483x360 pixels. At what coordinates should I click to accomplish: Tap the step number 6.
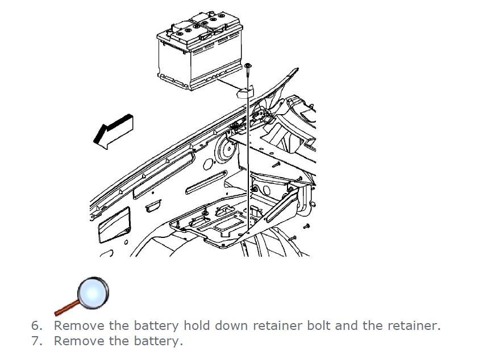tap(36, 326)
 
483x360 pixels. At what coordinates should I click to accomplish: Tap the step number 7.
tap(36, 341)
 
